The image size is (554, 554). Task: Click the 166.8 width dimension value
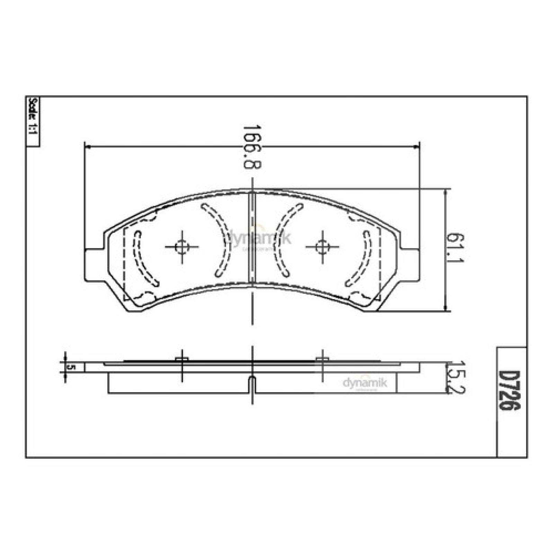[x=252, y=147]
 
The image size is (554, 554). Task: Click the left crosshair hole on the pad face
[x=182, y=247]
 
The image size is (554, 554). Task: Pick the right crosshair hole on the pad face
[x=322, y=247]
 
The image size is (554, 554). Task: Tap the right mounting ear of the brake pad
[x=411, y=265]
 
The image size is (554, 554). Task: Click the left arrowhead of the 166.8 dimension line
[x=88, y=148]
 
